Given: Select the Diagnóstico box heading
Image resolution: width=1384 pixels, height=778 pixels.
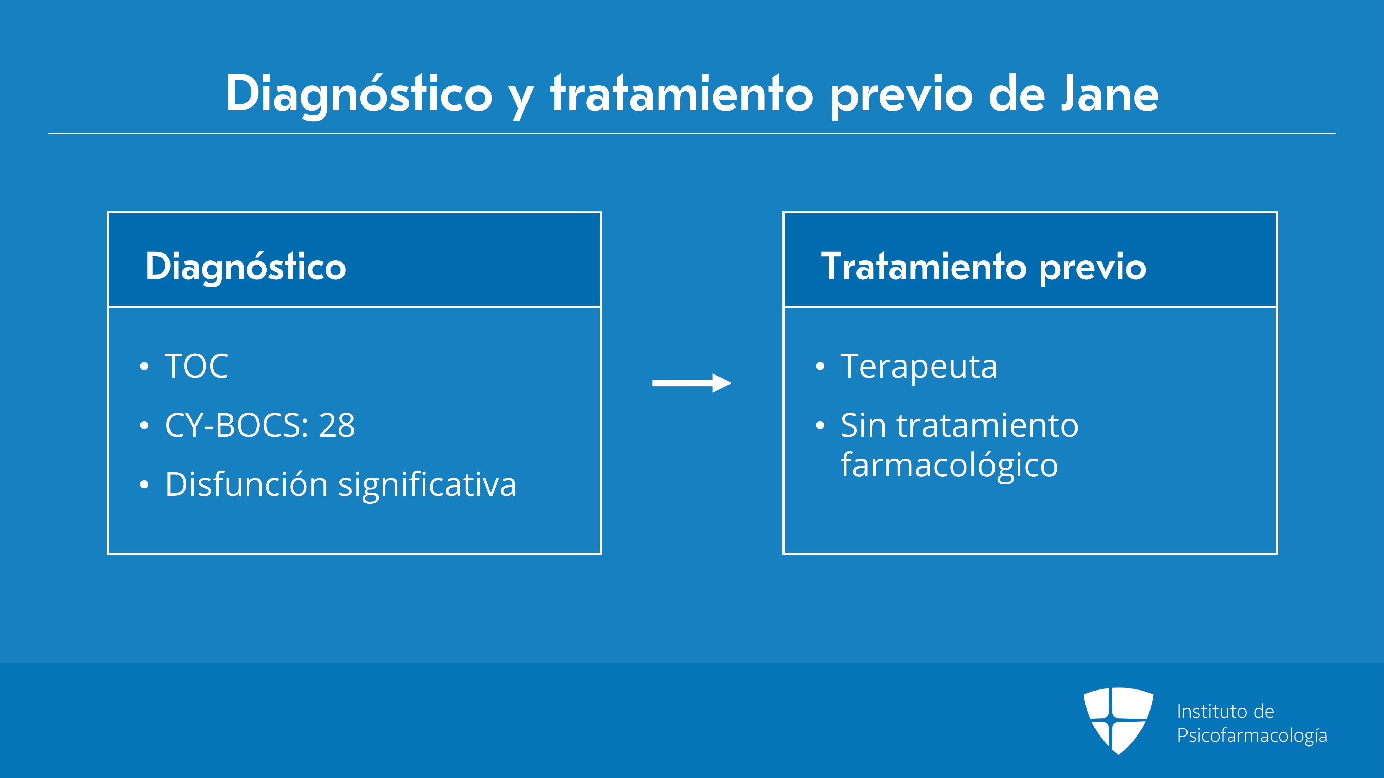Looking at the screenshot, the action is coord(246,267).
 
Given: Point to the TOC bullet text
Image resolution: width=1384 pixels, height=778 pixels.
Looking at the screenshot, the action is coord(196,366).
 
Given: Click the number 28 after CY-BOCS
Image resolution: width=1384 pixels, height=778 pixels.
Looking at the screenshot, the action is coord(337,425).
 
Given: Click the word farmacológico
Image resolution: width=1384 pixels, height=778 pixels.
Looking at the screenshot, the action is coord(949,465).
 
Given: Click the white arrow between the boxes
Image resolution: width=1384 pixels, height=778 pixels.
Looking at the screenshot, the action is coord(692,383).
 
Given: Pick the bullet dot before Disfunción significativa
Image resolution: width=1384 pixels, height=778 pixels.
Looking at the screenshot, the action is coord(144,484).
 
